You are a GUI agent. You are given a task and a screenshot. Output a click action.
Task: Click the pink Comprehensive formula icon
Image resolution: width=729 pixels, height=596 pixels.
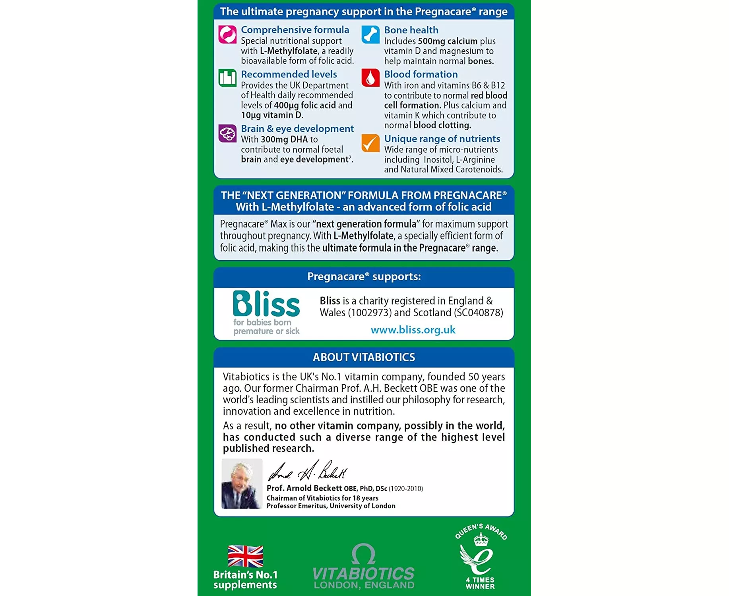pyautogui.click(x=227, y=34)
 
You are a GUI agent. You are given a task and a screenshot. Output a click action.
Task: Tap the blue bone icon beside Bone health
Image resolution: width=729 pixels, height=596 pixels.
pyautogui.click(x=370, y=35)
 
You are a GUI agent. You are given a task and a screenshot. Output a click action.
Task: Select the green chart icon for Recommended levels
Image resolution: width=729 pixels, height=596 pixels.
pyautogui.click(x=227, y=77)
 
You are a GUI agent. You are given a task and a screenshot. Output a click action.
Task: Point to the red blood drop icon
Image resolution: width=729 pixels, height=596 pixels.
pyautogui.click(x=370, y=77)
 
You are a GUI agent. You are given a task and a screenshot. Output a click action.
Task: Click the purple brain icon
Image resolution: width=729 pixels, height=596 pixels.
pyautogui.click(x=227, y=133)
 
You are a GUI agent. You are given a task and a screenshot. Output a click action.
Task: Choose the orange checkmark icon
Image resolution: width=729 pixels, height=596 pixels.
pyautogui.click(x=370, y=143)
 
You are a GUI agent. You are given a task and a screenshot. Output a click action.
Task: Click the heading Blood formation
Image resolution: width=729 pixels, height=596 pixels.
pyautogui.click(x=421, y=74)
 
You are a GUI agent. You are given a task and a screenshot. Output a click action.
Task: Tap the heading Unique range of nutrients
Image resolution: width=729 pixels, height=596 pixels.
pyautogui.click(x=442, y=139)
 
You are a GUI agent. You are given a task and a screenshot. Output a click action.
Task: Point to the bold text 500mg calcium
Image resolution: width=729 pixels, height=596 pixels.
pyautogui.click(x=448, y=41)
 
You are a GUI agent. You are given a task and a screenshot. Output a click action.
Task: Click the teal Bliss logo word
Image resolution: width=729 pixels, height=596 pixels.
pyautogui.click(x=266, y=304)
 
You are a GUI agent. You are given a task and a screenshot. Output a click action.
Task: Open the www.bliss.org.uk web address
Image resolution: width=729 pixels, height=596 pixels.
pyautogui.click(x=413, y=330)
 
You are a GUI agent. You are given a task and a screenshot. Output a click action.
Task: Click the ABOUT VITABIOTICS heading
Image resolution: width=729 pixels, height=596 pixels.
pyautogui.click(x=364, y=357)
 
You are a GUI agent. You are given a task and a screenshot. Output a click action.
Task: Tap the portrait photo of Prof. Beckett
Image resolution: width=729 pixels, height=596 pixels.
pyautogui.click(x=242, y=484)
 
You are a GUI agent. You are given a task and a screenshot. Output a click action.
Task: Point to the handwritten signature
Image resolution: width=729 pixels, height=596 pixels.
pyautogui.click(x=308, y=471)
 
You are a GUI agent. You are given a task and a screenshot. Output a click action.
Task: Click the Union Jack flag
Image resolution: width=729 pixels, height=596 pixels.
pyautogui.click(x=245, y=556)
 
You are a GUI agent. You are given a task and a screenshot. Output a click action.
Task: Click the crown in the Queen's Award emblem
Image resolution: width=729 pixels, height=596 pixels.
pyautogui.click(x=481, y=540)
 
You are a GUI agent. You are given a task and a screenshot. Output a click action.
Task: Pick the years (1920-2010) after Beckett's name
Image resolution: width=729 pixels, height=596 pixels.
pyautogui.click(x=405, y=489)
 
